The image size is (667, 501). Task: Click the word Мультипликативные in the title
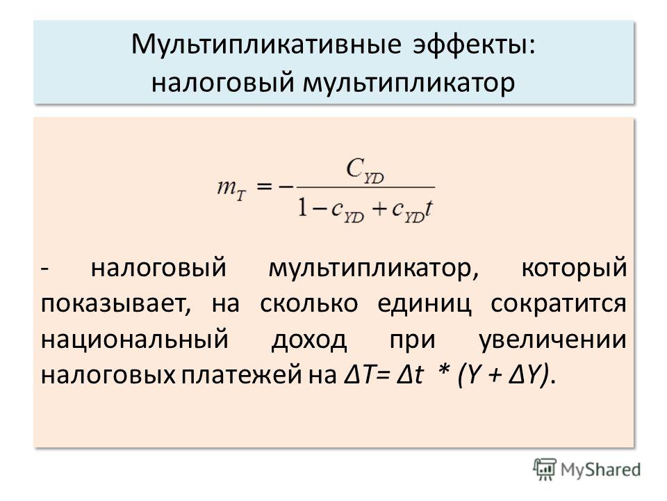click(x=266, y=44)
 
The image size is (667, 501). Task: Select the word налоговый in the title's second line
click(x=223, y=82)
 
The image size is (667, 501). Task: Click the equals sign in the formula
click(x=264, y=186)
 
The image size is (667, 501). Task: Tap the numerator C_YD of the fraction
click(x=365, y=170)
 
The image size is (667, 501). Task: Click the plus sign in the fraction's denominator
click(x=378, y=209)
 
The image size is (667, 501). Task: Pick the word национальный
click(x=135, y=340)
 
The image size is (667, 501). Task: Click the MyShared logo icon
click(x=545, y=469)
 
